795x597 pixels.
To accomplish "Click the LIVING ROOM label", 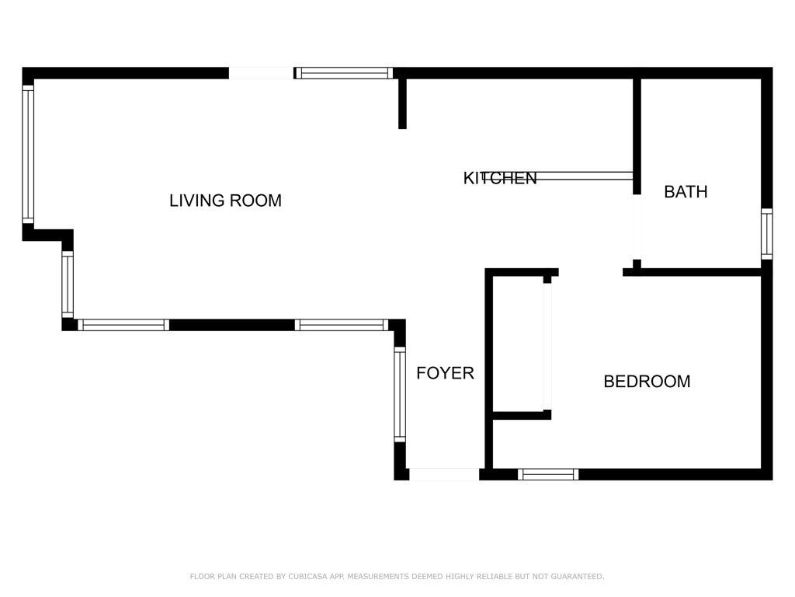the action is [225, 201].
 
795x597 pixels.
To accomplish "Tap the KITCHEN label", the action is [500, 178].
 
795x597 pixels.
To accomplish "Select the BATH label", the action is [686, 192].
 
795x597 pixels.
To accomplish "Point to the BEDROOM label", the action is [647, 382].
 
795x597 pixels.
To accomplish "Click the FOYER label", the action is [445, 373].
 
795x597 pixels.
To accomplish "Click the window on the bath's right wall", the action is [766, 233].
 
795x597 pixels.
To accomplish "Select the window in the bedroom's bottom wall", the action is [548, 474].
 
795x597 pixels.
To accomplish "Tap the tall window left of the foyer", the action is [400, 393].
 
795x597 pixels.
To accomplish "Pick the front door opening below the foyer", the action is [444, 474].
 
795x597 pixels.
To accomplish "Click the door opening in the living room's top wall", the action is [261, 73].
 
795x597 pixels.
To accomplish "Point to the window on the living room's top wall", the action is [344, 73].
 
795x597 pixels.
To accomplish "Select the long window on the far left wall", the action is [28, 154].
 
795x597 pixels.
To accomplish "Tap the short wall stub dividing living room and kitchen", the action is [402, 103].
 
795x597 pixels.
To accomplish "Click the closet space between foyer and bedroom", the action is [519, 342].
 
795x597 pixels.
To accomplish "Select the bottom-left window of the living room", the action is [123, 325].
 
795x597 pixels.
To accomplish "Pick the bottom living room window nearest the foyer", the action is [342, 325].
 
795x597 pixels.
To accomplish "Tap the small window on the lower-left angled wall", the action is [68, 284].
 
